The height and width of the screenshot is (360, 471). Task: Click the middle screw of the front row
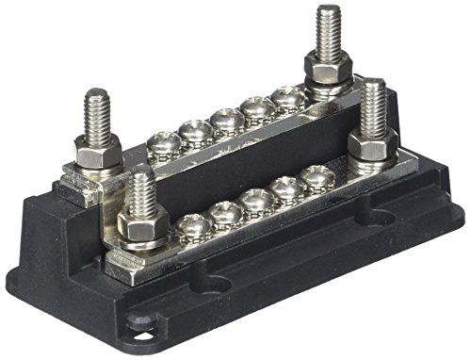click(x=258, y=200)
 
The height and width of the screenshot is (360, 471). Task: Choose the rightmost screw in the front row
click(x=317, y=176)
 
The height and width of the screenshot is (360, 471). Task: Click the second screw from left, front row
click(x=227, y=212)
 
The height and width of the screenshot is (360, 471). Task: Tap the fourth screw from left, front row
click(x=288, y=188)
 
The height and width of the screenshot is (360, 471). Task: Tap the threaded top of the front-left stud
click(x=141, y=188)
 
